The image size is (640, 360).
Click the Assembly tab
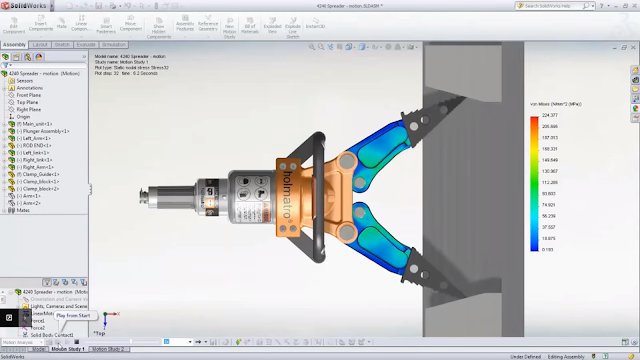click(x=14, y=45)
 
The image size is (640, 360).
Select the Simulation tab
click(x=114, y=45)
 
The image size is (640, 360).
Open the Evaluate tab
click(x=86, y=45)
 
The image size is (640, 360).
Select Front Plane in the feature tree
click(x=31, y=95)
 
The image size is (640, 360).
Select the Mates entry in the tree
click(x=24, y=210)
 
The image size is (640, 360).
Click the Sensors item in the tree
click(x=26, y=81)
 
